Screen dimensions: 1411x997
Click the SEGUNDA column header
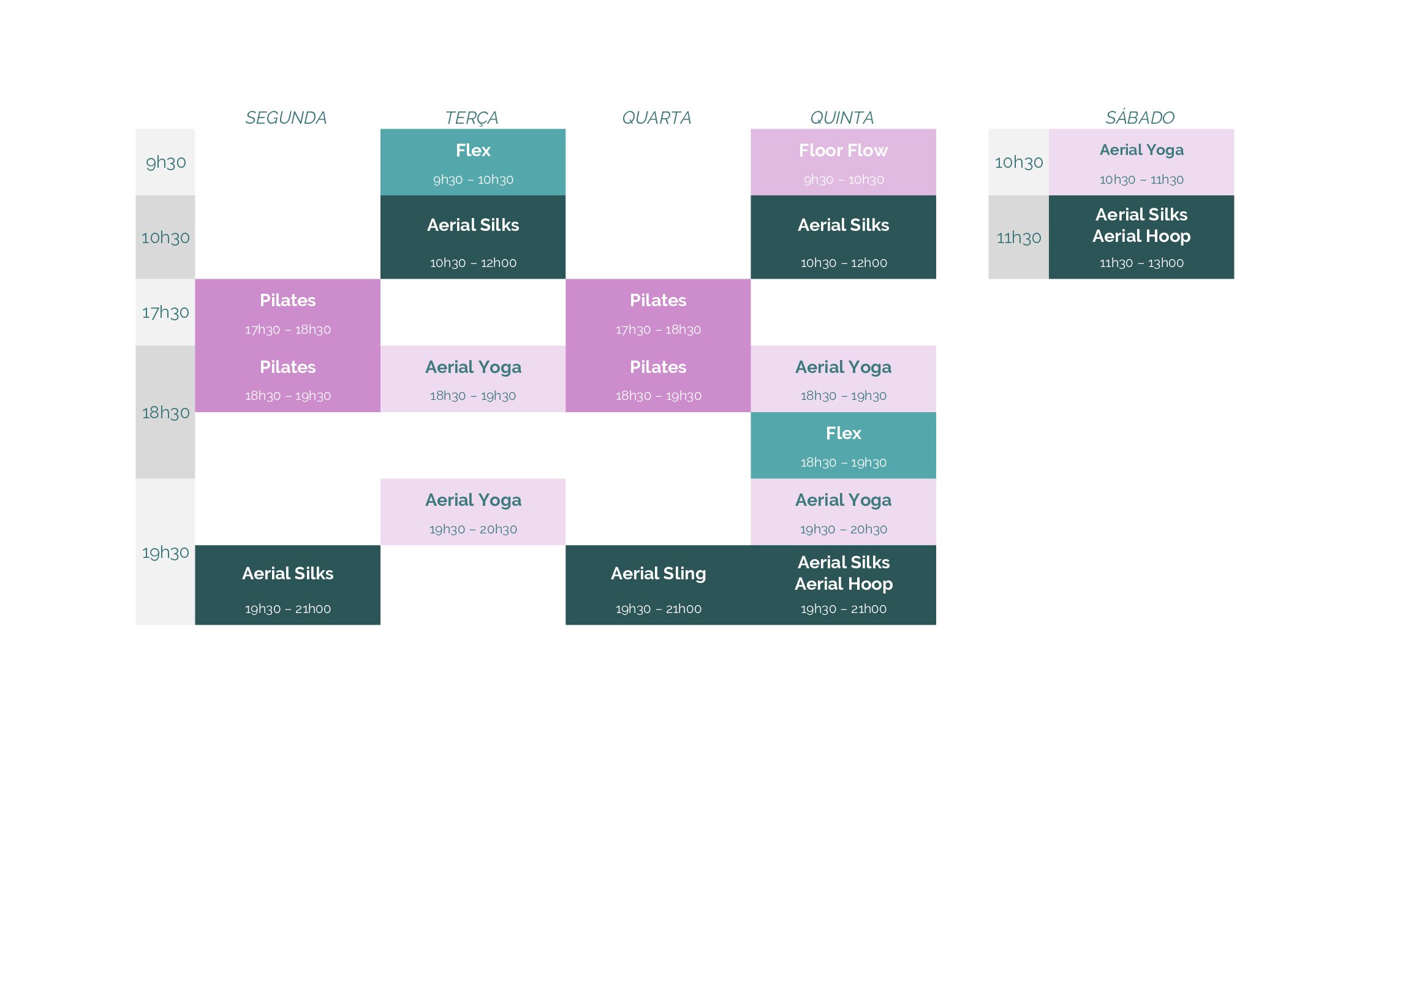click(286, 118)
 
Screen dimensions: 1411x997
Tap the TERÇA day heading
click(472, 118)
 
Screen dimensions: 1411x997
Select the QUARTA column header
click(657, 118)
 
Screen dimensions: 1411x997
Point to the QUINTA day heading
click(842, 118)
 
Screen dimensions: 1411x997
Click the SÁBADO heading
click(1140, 117)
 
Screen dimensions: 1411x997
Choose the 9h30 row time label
click(166, 162)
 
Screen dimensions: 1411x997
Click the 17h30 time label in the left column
click(165, 312)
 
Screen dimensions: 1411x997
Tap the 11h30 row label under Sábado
click(1019, 237)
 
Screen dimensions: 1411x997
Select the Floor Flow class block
click(843, 162)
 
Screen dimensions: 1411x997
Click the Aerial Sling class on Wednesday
click(658, 585)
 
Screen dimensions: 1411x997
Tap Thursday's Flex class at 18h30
click(843, 445)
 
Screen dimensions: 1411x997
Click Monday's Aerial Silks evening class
click(287, 585)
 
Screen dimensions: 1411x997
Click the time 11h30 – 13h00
click(1141, 263)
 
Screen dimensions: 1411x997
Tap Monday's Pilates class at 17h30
click(287, 312)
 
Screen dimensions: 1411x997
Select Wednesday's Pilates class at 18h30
click(658, 378)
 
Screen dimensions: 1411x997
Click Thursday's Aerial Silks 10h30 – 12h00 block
click(843, 237)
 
